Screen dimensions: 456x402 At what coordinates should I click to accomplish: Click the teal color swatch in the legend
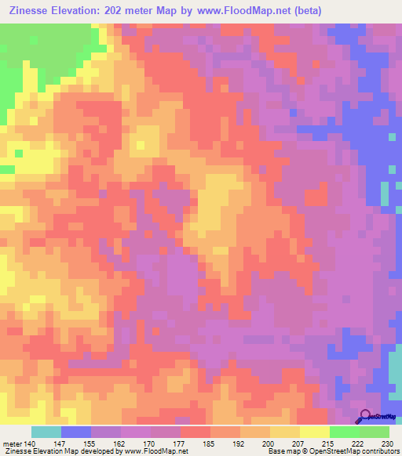pyautogui.click(x=46, y=432)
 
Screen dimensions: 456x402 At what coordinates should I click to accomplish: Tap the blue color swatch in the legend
pyautogui.click(x=76, y=432)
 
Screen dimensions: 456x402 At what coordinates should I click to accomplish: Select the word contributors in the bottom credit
pyautogui.click(x=378, y=451)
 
